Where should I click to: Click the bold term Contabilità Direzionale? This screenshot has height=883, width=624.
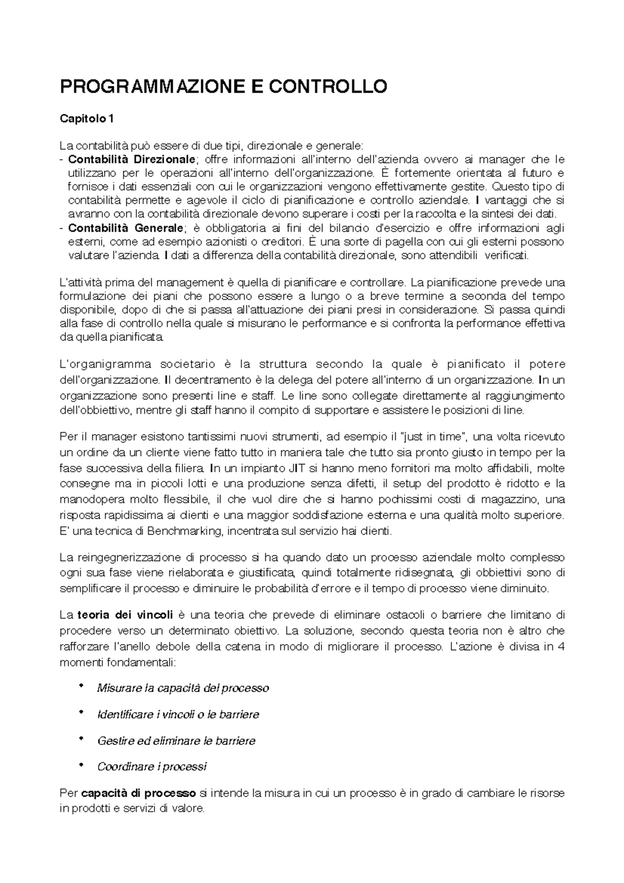132,159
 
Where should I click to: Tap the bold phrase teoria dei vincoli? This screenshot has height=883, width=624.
125,615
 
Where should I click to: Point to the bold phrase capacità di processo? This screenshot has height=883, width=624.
138,794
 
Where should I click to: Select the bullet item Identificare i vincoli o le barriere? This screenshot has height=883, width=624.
178,715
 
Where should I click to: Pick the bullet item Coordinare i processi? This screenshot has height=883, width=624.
151,767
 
